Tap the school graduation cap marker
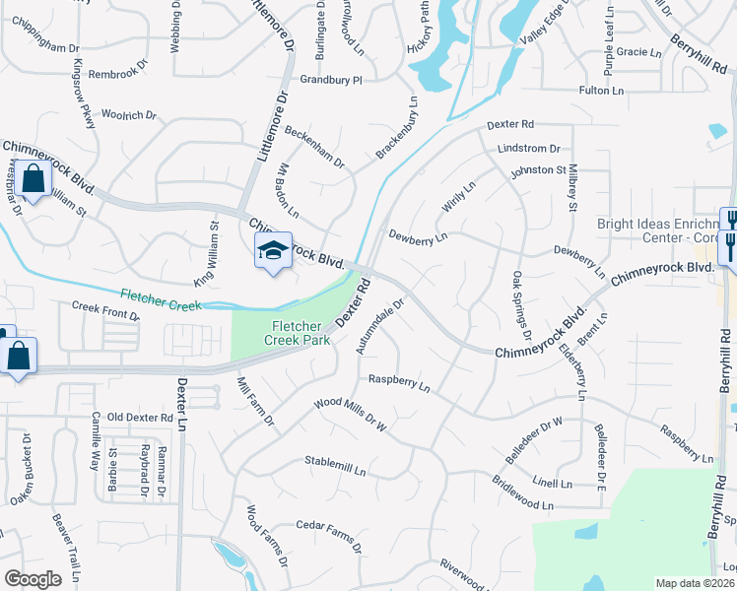click(x=273, y=250)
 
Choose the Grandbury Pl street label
click(x=332, y=79)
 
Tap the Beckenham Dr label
click(x=314, y=147)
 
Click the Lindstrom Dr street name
click(x=529, y=148)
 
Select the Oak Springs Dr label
click(x=520, y=306)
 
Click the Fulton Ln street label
click(x=602, y=91)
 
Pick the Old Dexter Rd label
click(x=140, y=418)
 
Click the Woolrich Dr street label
click(x=129, y=115)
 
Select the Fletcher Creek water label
click(x=161, y=299)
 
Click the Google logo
click(x=33, y=579)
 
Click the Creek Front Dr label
click(x=106, y=310)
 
